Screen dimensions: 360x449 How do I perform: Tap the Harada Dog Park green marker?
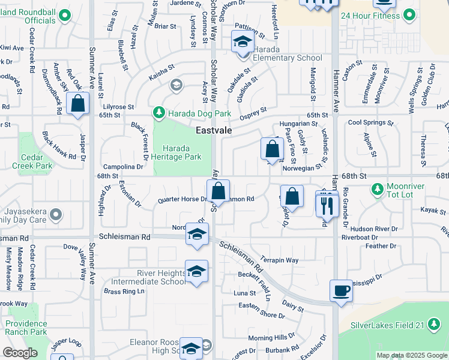tap(158, 112)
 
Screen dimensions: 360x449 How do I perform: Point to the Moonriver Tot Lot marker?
tap(377, 190)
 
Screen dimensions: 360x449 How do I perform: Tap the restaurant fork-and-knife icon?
tap(327, 206)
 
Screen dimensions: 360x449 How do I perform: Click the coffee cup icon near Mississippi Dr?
tap(341, 290)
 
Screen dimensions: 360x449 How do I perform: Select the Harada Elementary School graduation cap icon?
tap(243, 42)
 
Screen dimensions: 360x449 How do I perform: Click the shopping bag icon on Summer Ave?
tap(78, 103)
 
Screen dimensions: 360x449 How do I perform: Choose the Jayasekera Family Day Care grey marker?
tap(56, 214)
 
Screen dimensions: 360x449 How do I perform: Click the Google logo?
tap(20, 353)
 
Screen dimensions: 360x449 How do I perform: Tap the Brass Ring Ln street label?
tap(124, 292)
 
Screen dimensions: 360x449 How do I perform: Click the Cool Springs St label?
tap(370, 122)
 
